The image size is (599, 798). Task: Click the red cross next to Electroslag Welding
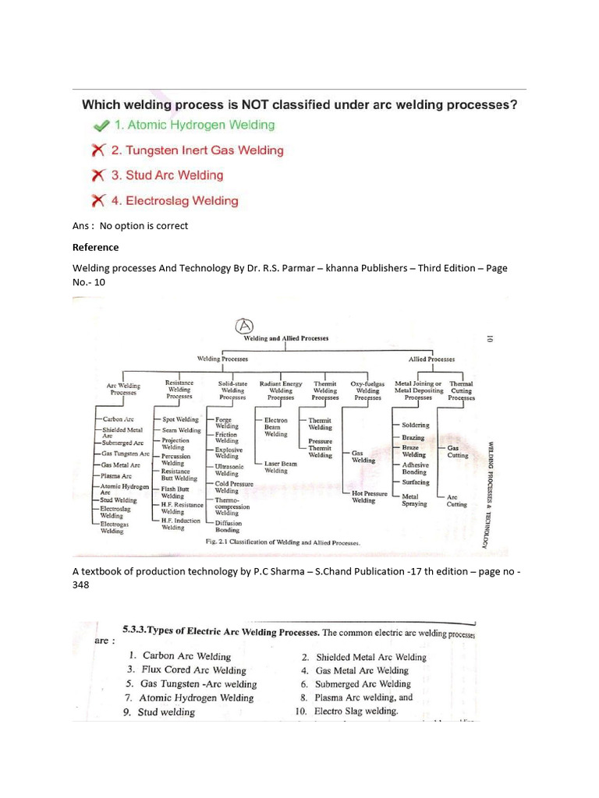click(x=97, y=201)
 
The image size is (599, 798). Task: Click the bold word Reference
click(x=95, y=247)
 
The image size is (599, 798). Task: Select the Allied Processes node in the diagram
click(x=431, y=359)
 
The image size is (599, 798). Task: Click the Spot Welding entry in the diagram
click(x=180, y=419)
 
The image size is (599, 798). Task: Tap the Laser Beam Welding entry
click(x=280, y=467)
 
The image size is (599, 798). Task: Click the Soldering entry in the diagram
click(x=415, y=425)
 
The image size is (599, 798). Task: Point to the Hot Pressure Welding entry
click(x=369, y=496)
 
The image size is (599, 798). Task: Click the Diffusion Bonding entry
click(x=228, y=526)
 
